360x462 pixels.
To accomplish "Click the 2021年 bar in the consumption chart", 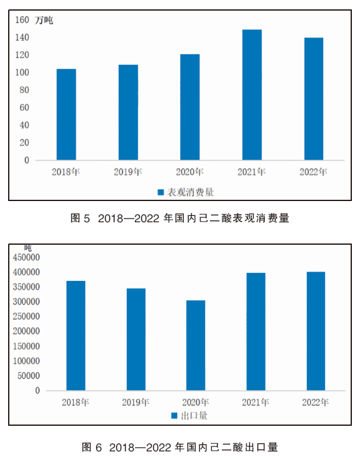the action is (x=252, y=94).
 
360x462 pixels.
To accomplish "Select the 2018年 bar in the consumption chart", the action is (x=66, y=114).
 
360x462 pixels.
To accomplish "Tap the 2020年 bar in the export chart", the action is (x=196, y=345).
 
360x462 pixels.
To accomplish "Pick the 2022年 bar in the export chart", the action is (x=316, y=331).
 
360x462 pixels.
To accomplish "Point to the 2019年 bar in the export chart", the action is (x=136, y=340).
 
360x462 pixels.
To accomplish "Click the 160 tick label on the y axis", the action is (x=22, y=20).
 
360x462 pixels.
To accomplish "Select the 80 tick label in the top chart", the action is (x=24, y=90).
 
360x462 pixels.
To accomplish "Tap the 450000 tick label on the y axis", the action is (x=26, y=257).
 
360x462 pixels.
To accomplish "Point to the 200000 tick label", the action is (x=26, y=331).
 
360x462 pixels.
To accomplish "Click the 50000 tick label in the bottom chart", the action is (x=29, y=376).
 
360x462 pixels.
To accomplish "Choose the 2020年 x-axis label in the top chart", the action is (x=190, y=172).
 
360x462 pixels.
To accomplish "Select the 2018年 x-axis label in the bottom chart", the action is (x=76, y=402).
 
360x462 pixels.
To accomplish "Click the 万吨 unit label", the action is (x=44, y=20).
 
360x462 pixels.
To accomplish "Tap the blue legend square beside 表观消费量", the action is (x=161, y=192).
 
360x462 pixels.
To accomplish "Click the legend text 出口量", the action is (x=194, y=416).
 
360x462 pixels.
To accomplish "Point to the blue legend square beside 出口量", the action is (x=174, y=416).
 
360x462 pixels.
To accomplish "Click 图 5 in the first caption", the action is (x=80, y=219).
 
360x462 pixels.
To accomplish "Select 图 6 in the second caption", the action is (x=91, y=447).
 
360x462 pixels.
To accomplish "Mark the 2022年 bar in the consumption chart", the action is (x=314, y=99).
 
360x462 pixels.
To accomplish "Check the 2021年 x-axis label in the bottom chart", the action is (x=256, y=402).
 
